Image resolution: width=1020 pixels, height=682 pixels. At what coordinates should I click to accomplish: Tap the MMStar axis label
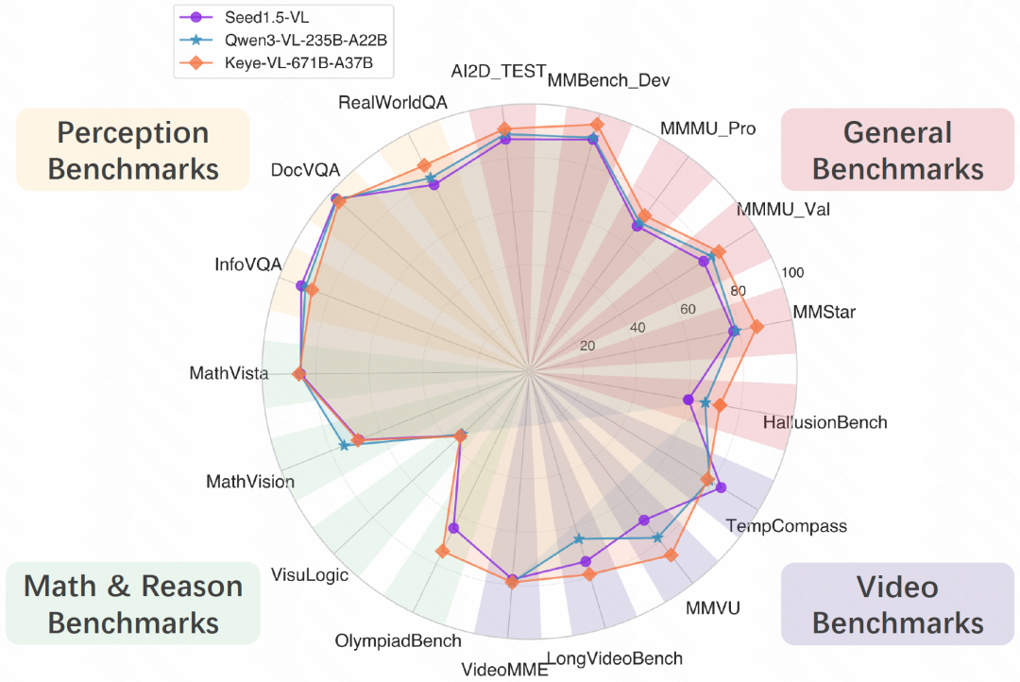824,312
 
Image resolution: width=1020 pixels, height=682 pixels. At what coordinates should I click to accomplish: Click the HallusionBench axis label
824,421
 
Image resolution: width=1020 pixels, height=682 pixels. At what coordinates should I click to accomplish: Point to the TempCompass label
786,526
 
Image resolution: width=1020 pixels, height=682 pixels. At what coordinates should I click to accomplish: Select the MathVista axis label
229,373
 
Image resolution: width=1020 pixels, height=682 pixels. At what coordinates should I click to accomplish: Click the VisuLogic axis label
310,574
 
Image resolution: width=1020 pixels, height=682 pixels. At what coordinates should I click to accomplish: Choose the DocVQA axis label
300,171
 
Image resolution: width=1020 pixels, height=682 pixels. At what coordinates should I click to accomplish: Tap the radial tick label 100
793,272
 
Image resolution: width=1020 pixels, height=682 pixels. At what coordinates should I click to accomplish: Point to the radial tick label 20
587,346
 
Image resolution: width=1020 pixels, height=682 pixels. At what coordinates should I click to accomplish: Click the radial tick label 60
688,309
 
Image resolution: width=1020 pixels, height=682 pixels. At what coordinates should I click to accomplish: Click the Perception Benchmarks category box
133,149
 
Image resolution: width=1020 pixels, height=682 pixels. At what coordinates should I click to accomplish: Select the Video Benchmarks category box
897,605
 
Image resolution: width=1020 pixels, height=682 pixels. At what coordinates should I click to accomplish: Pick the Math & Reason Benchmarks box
133,604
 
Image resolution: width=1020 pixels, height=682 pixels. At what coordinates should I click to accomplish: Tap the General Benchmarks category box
897,149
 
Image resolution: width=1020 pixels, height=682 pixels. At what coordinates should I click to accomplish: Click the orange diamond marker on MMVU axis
671,554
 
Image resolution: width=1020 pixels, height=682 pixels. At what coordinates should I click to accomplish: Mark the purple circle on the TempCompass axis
722,487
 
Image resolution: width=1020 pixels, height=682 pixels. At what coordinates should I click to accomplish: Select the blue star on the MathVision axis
344,446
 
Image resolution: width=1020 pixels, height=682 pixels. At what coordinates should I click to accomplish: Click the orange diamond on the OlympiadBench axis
441,552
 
